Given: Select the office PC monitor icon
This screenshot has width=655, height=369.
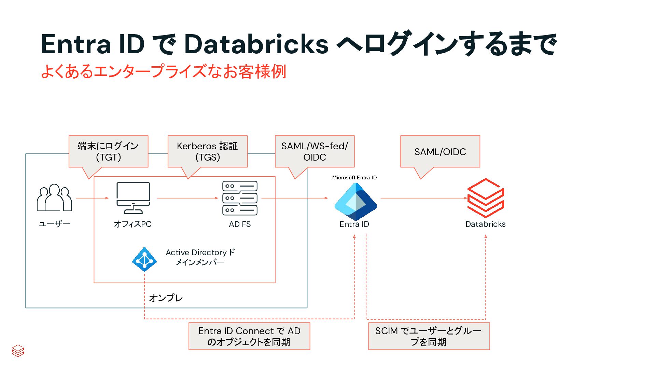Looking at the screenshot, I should (133, 197).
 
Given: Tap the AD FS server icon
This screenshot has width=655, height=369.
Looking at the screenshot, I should (240, 198).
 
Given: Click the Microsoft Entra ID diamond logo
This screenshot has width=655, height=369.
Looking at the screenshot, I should (356, 202).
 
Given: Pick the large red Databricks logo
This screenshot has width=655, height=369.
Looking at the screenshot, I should (485, 198).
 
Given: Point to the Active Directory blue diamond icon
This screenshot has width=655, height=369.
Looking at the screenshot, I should (144, 259).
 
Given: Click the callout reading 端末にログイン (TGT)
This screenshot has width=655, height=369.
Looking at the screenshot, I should (108, 151).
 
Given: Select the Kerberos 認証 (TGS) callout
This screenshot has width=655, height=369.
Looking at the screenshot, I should (207, 151).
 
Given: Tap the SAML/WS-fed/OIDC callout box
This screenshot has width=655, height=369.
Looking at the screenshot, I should (315, 151).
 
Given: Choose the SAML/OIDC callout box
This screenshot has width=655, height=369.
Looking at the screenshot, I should (440, 151).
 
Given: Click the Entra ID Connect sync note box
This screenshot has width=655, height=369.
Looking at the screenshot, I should (249, 336).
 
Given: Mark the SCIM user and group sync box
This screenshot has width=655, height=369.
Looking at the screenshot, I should (429, 336).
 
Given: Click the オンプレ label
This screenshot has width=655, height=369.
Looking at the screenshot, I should (166, 298).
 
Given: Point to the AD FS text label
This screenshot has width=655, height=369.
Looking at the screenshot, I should (240, 224).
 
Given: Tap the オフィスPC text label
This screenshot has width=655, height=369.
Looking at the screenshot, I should (133, 224).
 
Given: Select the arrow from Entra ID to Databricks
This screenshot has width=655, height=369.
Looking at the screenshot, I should (423, 198).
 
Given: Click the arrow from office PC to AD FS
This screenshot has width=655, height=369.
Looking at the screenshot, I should (187, 198).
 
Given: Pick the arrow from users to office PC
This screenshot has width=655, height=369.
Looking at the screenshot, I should (92, 198).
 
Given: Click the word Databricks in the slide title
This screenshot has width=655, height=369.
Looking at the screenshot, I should (256, 44).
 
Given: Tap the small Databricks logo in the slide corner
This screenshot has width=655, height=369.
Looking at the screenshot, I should (18, 351).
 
